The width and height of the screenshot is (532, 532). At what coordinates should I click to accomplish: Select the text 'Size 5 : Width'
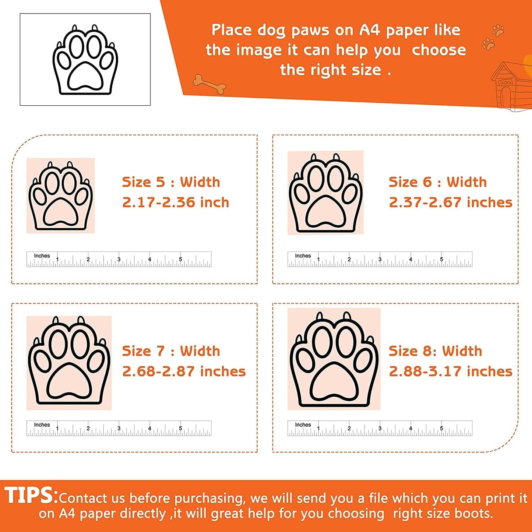click(171, 182)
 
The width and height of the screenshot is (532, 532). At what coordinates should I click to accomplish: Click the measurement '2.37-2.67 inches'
click(451, 202)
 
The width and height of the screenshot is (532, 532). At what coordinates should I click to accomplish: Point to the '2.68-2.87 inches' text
click(184, 371)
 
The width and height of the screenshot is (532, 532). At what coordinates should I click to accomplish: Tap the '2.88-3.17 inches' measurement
click(451, 371)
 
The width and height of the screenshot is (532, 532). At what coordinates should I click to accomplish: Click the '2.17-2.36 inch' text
click(176, 202)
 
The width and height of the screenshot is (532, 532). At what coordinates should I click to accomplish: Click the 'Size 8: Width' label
click(436, 351)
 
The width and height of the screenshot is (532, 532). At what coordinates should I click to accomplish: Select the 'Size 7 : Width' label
click(171, 351)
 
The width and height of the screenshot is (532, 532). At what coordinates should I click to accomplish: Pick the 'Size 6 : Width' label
click(438, 182)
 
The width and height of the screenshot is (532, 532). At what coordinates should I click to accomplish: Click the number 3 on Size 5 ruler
click(119, 259)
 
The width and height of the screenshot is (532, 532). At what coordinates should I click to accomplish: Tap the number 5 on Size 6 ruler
click(441, 259)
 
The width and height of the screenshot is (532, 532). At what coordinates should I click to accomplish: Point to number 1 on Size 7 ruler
click(57, 428)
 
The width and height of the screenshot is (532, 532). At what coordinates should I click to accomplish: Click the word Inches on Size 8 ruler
click(303, 424)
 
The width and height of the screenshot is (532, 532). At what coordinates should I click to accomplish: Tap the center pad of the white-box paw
click(85, 75)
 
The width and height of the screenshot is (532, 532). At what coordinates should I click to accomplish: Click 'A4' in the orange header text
click(369, 30)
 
